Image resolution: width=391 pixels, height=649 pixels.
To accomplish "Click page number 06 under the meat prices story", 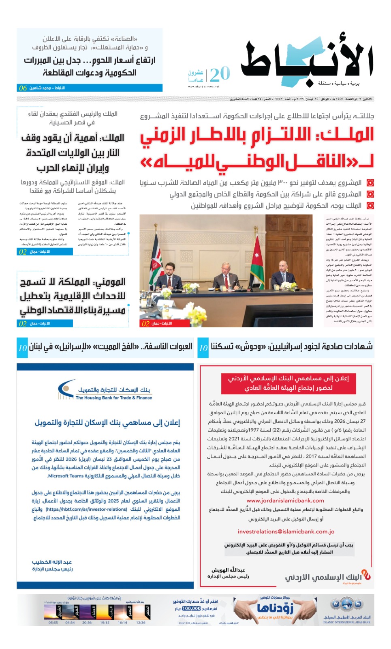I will click(x=23, y=88).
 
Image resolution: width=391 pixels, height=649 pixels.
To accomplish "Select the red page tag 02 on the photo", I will click(x=145, y=324).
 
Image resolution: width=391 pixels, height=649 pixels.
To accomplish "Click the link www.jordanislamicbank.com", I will click(x=285, y=501).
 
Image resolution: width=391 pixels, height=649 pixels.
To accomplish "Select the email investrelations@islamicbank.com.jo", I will click(x=286, y=531).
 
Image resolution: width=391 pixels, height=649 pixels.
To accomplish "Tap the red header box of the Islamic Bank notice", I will click(x=286, y=383).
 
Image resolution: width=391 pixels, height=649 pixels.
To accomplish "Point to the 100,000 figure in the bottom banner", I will click(x=192, y=608).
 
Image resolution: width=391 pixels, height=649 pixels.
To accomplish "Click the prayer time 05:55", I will click(x=53, y=622).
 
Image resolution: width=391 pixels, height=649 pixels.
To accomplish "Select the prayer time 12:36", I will click(x=141, y=622).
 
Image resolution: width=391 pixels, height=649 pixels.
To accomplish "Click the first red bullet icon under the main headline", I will click(x=370, y=183).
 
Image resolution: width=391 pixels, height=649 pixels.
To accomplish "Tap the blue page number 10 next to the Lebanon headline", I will click(x=22, y=348).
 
